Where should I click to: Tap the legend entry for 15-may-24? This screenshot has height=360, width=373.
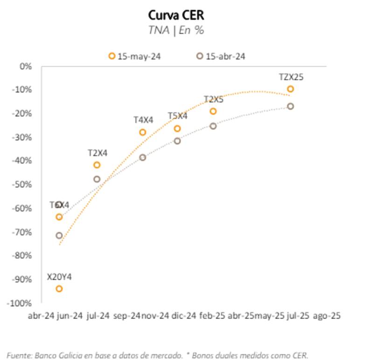[135, 56]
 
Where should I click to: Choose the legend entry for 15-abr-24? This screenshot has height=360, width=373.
[221, 56]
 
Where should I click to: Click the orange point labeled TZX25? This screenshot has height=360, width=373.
[290, 89]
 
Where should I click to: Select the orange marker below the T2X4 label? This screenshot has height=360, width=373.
[97, 165]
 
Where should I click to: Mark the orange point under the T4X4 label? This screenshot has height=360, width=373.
[143, 132]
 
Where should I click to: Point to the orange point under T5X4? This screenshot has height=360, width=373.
[177, 129]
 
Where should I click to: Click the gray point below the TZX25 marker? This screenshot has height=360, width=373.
[290, 106]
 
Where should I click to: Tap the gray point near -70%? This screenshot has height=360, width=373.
[59, 235]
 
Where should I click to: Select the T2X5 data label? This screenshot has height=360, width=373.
[214, 100]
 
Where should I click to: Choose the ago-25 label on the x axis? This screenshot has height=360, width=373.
[327, 316]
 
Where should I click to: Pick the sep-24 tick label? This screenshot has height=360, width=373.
[127, 316]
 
